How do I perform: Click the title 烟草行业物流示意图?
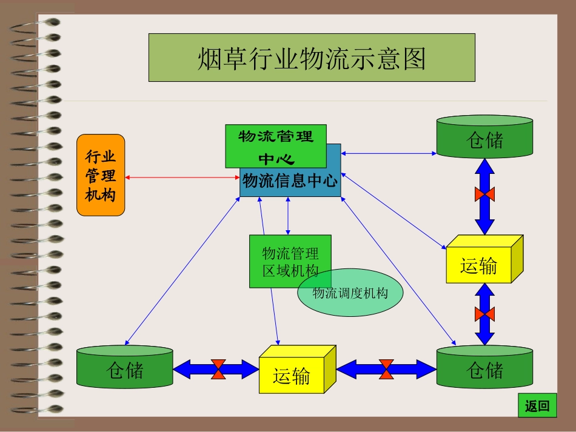point(312,58)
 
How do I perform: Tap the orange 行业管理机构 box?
point(101,175)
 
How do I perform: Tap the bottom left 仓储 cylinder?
point(125,368)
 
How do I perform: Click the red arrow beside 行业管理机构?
point(183,178)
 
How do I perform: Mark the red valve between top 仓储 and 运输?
point(484,194)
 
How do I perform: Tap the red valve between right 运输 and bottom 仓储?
point(484,314)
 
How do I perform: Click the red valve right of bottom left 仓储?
point(219,369)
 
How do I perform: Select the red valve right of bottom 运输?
point(386,369)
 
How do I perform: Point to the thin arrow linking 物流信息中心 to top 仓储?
point(389,153)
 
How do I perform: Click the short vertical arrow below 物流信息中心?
point(287,216)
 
